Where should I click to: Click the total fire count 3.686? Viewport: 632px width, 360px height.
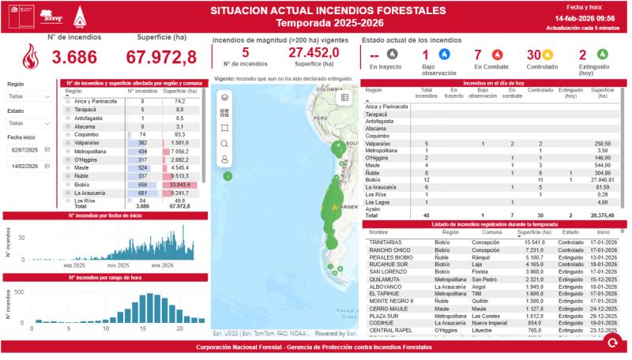(74, 58)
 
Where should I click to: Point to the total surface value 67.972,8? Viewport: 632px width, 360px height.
(161, 58)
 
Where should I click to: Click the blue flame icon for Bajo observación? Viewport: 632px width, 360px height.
(442, 54)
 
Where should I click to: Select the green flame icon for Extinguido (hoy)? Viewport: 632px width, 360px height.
(604, 54)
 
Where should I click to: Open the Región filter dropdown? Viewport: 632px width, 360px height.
(29, 96)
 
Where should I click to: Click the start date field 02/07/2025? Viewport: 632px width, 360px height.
(29, 149)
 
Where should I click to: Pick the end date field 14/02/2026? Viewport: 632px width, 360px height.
(29, 167)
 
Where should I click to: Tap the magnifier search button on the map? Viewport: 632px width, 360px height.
(225, 144)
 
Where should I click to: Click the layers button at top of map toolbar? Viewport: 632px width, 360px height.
(225, 97)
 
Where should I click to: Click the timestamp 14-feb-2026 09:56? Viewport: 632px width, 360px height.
(585, 17)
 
